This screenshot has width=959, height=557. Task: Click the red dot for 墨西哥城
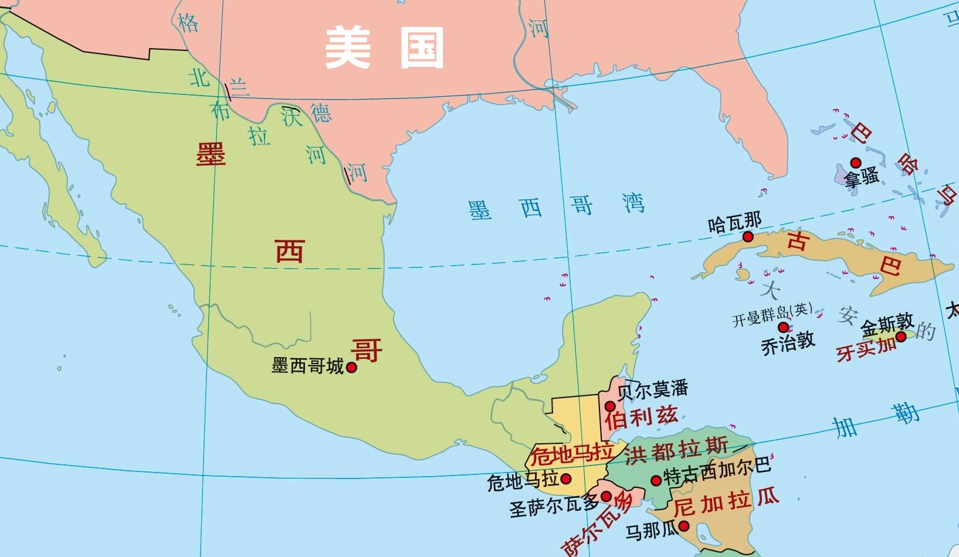coord(351,368)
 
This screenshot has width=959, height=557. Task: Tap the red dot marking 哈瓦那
coord(748,237)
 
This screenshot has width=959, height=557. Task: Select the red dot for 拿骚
coord(856,162)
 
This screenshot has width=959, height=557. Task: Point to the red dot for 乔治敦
coord(783,327)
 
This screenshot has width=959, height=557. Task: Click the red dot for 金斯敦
coord(901,336)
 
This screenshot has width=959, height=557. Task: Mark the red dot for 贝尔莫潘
coord(611,406)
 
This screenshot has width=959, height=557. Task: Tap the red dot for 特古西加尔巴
coord(656,481)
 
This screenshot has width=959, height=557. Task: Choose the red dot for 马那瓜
coord(683,527)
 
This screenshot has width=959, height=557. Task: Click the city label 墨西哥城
coord(307,366)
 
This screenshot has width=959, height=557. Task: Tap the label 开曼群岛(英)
coord(772,315)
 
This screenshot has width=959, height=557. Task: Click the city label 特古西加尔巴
coord(717,471)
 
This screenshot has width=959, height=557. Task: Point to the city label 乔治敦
coord(788,343)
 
